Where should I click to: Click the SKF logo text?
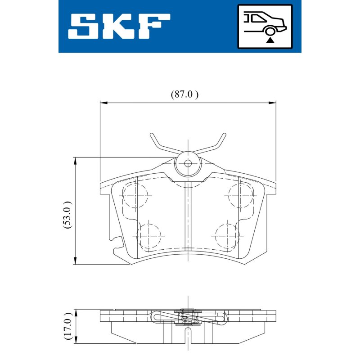pyautogui.click(x=119, y=26)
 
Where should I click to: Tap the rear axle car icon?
pyautogui.click(x=265, y=27)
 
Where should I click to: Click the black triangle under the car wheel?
pyautogui.click(x=270, y=40)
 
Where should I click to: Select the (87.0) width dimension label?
pyautogui.click(x=184, y=94)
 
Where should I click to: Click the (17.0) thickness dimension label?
pyautogui.click(x=68, y=326)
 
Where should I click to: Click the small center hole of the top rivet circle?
pyautogui.click(x=188, y=163)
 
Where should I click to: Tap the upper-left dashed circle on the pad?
pyautogui.click(x=135, y=196)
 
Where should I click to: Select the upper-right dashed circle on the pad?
pyautogui.click(x=241, y=196)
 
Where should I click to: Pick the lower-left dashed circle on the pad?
pyautogui.click(x=149, y=236)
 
